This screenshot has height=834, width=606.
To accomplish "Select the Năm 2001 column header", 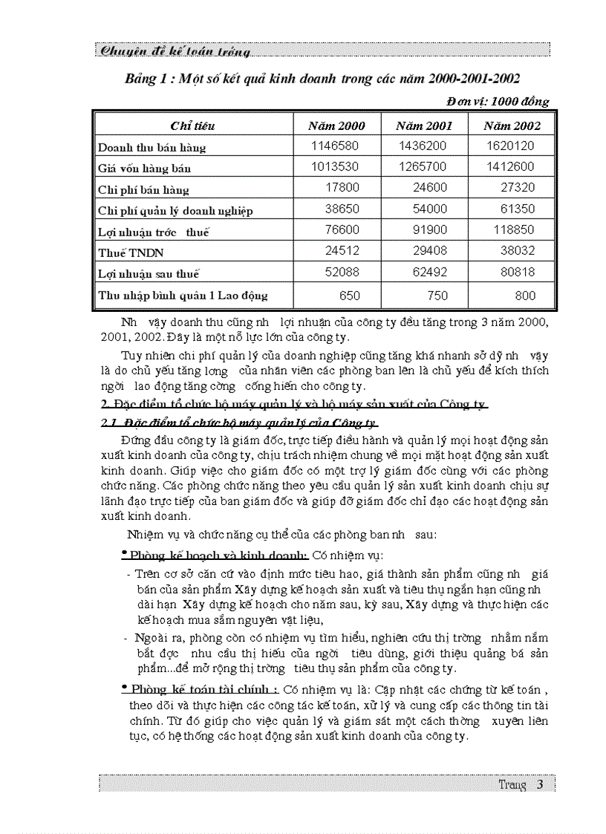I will [x=423, y=126].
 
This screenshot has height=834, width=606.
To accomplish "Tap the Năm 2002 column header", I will [x=512, y=126].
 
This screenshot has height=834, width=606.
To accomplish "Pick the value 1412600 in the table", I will [x=510, y=167].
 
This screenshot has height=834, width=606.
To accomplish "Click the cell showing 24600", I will [x=430, y=189].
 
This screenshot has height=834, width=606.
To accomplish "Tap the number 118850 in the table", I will [x=513, y=231].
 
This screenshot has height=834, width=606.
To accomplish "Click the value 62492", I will [x=430, y=273].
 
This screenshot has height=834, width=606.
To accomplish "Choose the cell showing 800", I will [x=524, y=296].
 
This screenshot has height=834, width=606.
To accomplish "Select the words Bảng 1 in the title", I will [x=146, y=79].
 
